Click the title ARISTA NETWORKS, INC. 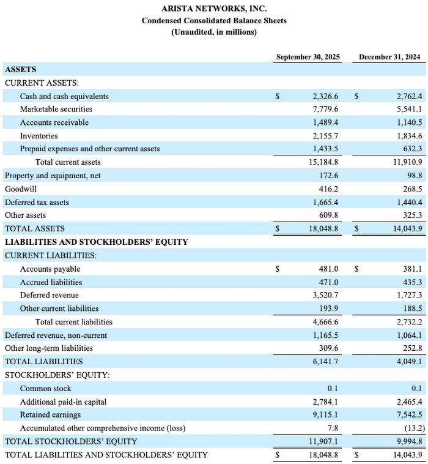214,9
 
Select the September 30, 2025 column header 308,57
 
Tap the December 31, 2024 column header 389,57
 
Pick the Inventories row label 39,135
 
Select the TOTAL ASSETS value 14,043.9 407,228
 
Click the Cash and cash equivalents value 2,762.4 408,96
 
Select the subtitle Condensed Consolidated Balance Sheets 214,20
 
